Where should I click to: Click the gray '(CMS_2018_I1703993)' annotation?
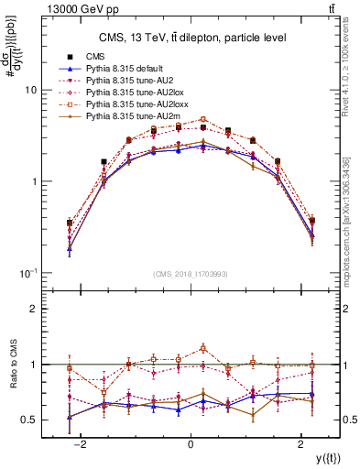coord(190,275)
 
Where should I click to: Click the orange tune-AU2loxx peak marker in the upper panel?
coord(203,119)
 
